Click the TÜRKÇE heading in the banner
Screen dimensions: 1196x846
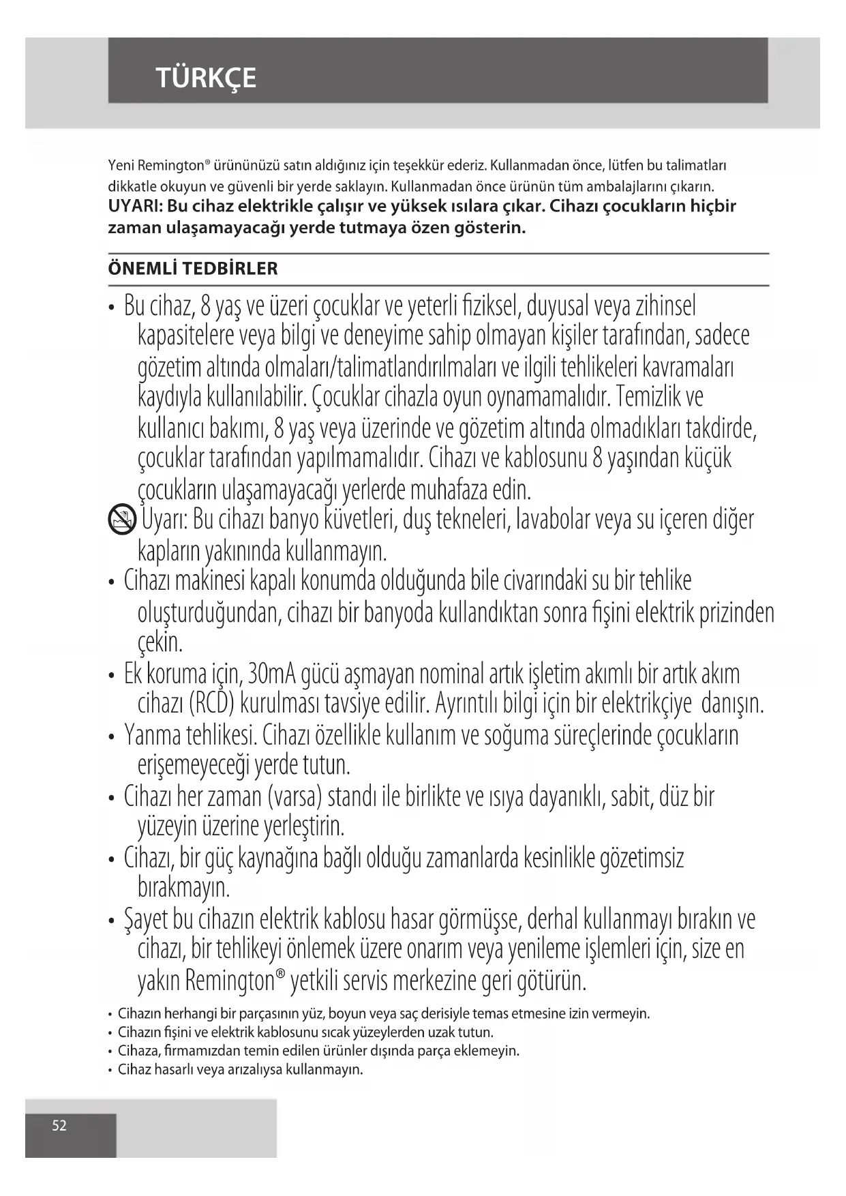(206, 78)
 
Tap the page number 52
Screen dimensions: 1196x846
(60, 1125)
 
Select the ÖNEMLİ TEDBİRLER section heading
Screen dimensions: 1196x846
(193, 269)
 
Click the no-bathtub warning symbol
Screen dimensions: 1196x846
(122, 521)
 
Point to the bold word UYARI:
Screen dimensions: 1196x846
(135, 206)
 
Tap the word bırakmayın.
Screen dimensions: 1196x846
(183, 888)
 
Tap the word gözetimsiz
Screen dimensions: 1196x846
(641, 858)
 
